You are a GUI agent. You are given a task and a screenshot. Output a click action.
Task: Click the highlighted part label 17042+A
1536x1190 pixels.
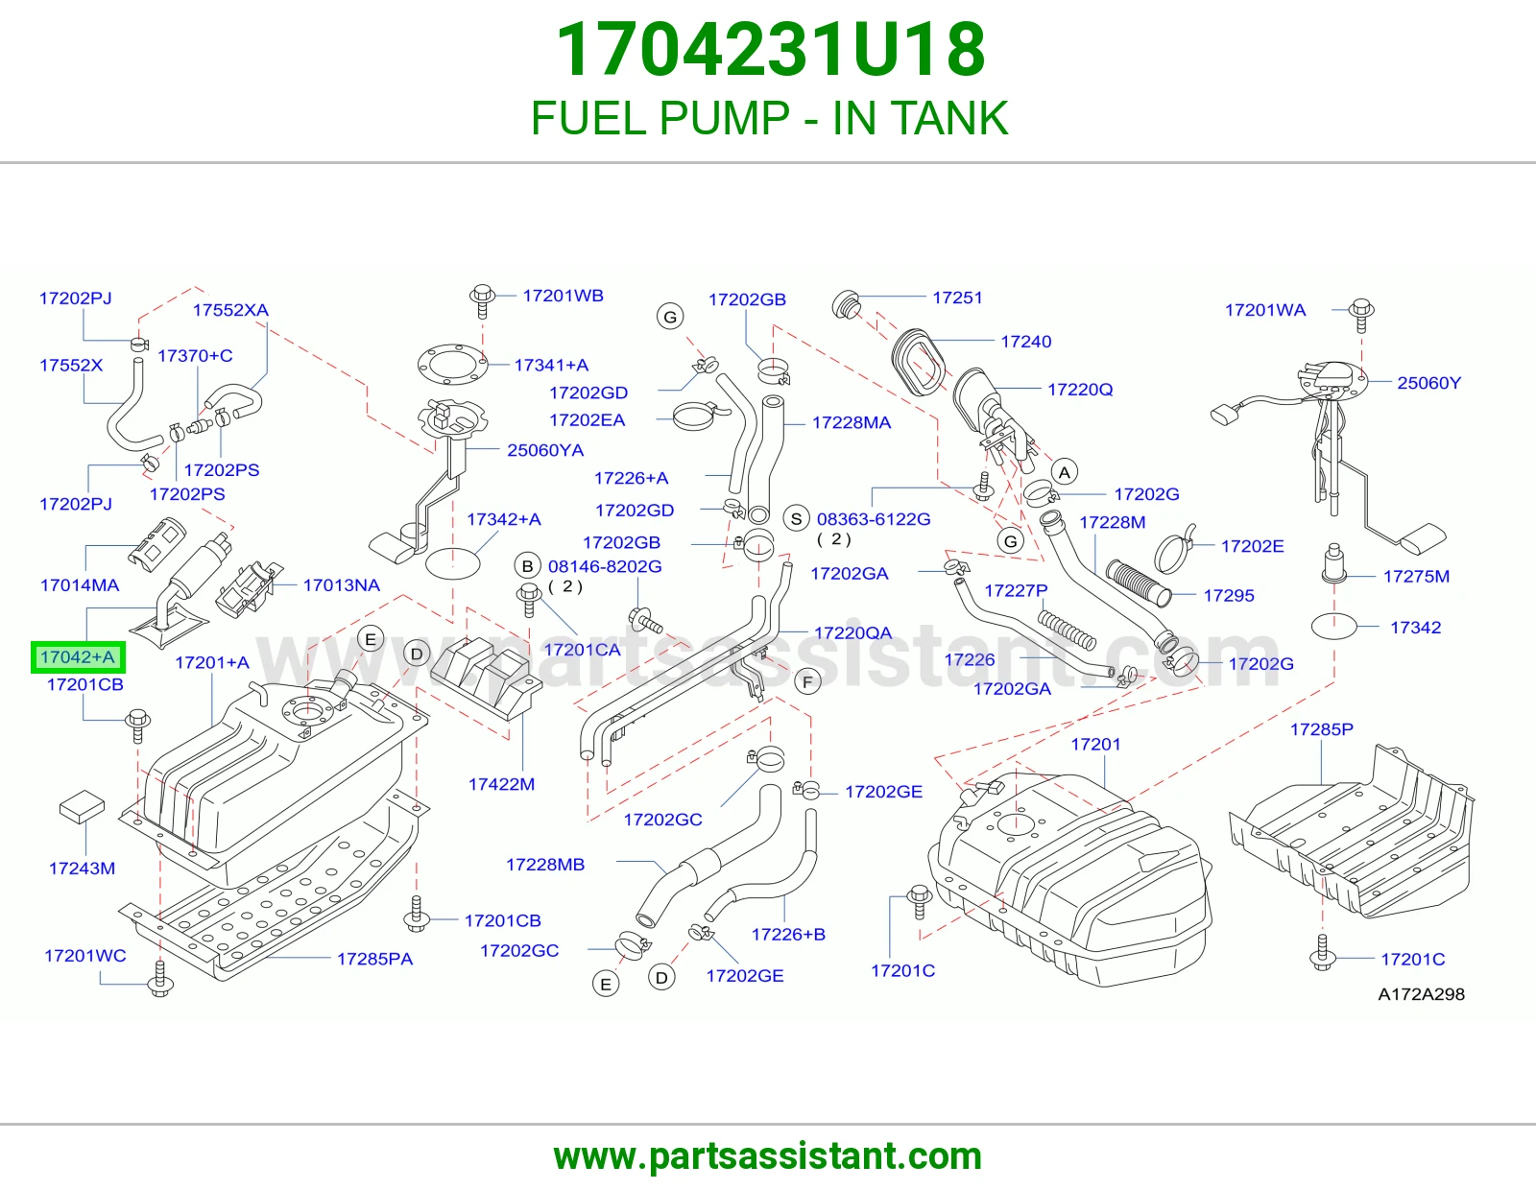click(78, 657)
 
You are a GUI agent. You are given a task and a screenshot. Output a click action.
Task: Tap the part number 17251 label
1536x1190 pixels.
click(957, 297)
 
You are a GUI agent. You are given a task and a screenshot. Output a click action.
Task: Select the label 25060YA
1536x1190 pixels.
click(545, 450)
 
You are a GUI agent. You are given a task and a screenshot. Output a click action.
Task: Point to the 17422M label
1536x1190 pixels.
click(501, 784)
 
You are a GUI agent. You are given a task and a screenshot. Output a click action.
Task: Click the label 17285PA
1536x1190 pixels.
click(374, 959)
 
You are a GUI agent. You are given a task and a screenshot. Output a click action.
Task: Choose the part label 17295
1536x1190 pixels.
click(1229, 595)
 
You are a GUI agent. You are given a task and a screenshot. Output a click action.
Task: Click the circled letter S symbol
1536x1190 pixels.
click(797, 518)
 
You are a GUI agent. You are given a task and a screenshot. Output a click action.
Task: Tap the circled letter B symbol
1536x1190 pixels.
click(527, 566)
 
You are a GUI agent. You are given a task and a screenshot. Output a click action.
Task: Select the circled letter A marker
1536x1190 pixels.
click(1065, 472)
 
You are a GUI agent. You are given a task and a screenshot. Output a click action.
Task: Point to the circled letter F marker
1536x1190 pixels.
click(808, 682)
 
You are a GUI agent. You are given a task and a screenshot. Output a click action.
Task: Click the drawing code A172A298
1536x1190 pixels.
click(1421, 994)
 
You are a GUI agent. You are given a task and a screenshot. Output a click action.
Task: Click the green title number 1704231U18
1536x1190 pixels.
click(771, 50)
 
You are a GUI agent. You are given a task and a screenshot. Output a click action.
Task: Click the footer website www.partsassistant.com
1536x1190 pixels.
click(768, 1156)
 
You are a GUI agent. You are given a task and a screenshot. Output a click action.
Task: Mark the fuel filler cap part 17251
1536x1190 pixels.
click(846, 304)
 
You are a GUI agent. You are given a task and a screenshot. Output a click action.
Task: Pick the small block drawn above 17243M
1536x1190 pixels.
click(82, 806)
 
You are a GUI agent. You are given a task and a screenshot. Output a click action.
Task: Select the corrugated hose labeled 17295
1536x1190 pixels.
click(1138, 583)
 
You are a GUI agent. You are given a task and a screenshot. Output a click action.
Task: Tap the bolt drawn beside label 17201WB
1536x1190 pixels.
click(482, 301)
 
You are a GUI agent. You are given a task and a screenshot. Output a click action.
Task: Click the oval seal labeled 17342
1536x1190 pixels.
click(1334, 626)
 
